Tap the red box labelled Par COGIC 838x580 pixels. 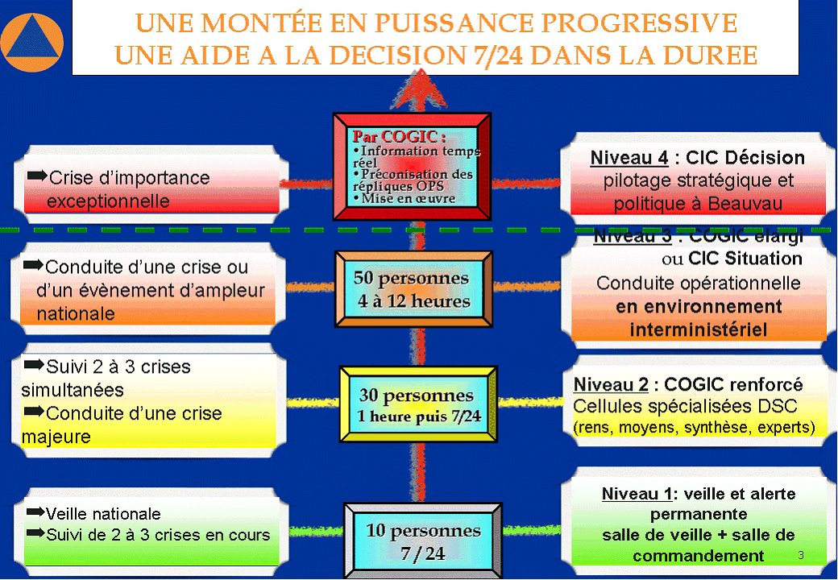[x=413, y=165]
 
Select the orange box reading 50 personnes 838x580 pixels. [x=412, y=290]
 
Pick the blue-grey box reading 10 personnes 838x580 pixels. [x=423, y=541]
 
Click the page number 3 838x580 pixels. [x=801, y=555]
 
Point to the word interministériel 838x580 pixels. [x=698, y=329]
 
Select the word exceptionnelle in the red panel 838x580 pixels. [x=108, y=200]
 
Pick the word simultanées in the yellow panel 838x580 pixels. [x=73, y=390]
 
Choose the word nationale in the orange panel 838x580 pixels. [x=76, y=313]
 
